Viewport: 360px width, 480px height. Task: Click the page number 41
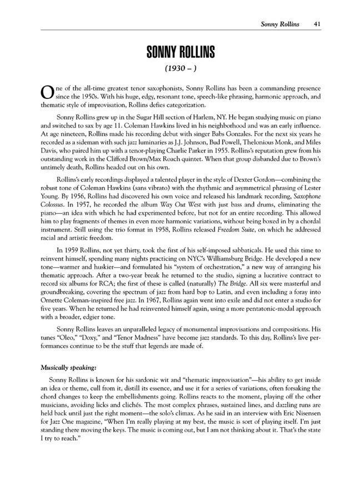tap(316, 24)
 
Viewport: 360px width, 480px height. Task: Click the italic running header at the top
tap(280, 24)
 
